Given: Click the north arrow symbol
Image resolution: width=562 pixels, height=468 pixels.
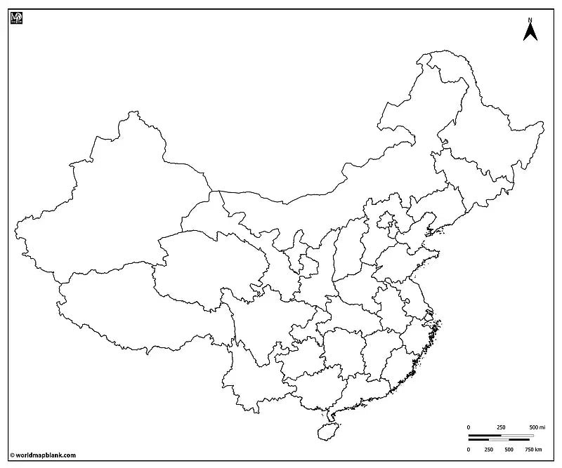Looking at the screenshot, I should pyautogui.click(x=530, y=32).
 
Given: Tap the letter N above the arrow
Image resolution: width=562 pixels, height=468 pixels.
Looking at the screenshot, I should pyautogui.click(x=530, y=19).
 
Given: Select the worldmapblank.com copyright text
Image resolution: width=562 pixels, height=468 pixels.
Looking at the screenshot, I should pyautogui.click(x=43, y=455).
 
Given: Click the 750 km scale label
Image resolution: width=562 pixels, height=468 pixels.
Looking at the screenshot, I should pyautogui.click(x=534, y=449).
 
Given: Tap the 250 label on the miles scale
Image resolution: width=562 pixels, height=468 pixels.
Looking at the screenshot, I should pyautogui.click(x=501, y=427).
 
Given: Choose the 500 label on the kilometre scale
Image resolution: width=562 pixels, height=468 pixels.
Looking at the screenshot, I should pyautogui.click(x=509, y=449).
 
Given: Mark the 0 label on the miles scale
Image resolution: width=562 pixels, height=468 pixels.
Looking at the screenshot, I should pyautogui.click(x=469, y=427).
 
